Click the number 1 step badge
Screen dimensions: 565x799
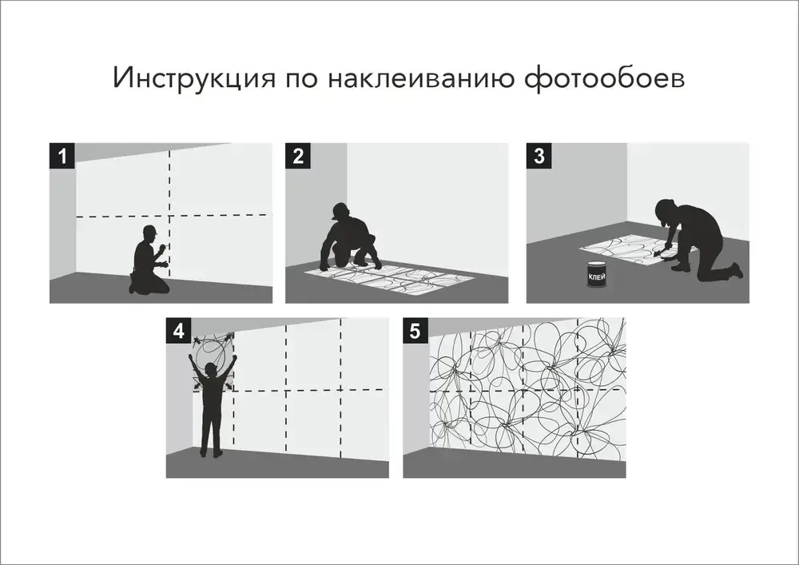coord(62,155)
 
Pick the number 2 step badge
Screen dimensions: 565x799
coord(298,155)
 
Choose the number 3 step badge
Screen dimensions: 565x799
coord(539,155)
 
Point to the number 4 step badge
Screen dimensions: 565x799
coord(178,330)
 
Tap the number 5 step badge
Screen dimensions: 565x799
coord(415,330)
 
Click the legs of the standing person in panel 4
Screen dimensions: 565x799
coord(211,436)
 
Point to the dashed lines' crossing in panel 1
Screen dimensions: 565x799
coord(169,216)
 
